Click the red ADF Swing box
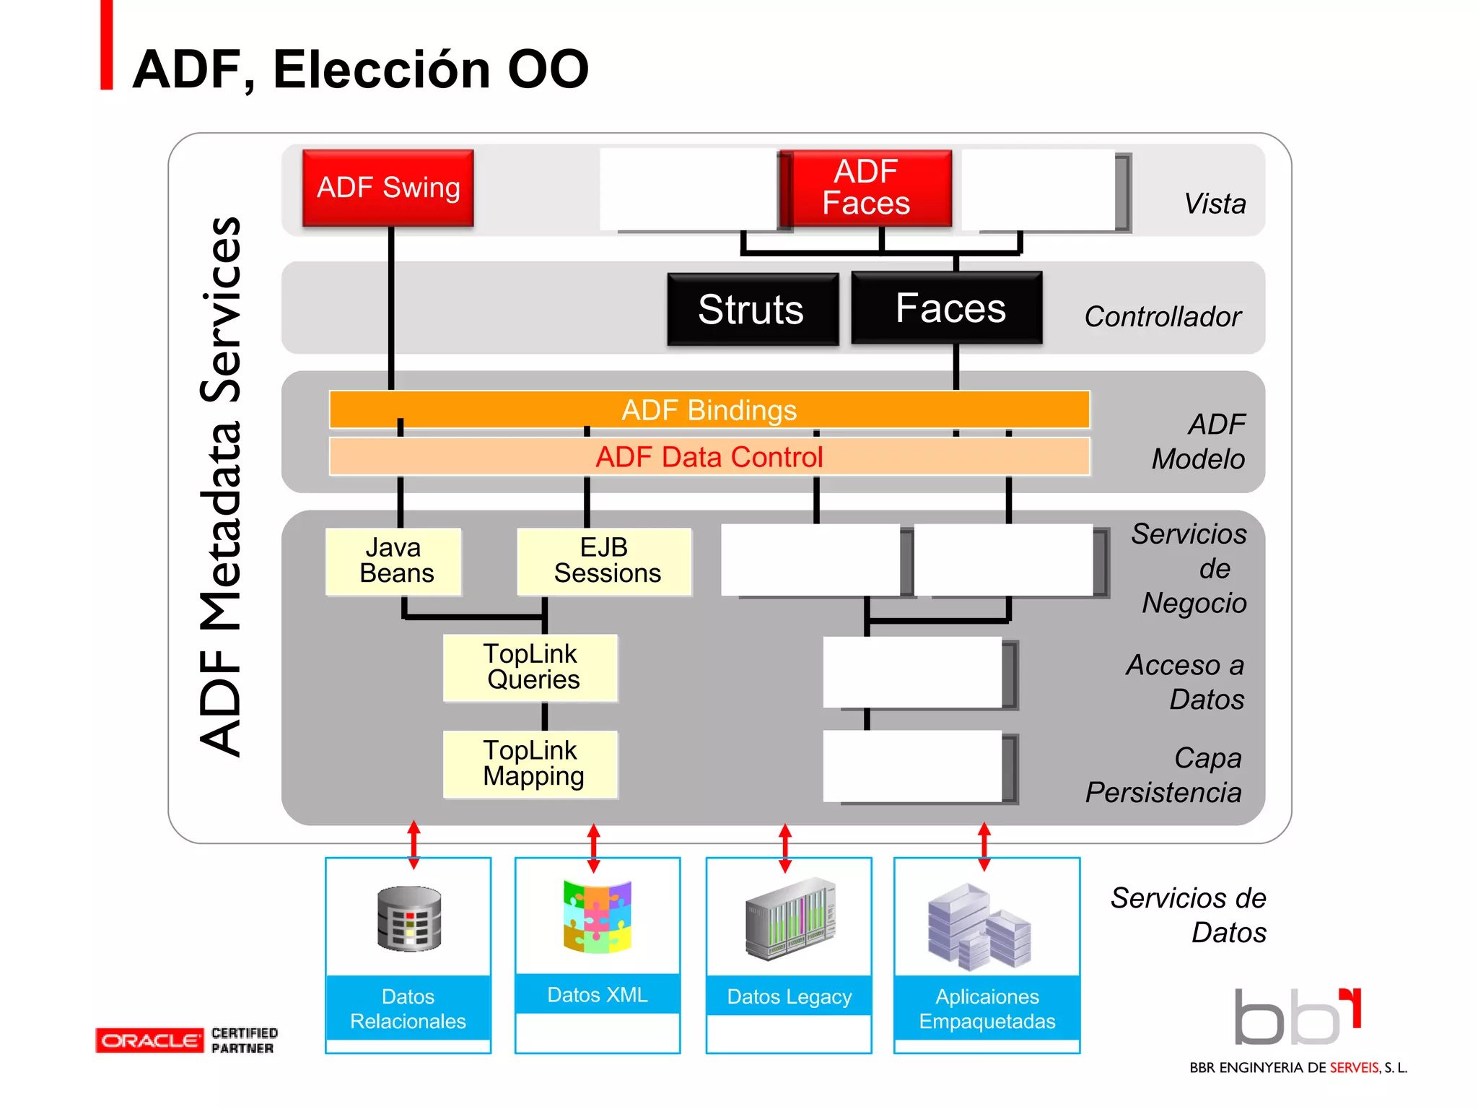(388, 188)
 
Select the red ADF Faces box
(866, 188)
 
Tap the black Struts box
(752, 309)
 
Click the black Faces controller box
(948, 308)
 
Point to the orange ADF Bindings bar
(709, 409)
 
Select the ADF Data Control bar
(709, 456)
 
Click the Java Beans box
(394, 561)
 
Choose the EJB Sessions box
(605, 561)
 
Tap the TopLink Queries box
(530, 667)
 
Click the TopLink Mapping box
(530, 764)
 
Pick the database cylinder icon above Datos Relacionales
(409, 918)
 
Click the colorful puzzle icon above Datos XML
(598, 916)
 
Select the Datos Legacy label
(789, 996)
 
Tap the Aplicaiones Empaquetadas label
(987, 1009)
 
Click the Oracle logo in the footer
(149, 1040)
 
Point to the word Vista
(1215, 204)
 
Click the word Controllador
(1162, 316)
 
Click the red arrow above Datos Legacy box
(785, 848)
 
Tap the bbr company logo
(1297, 1017)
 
